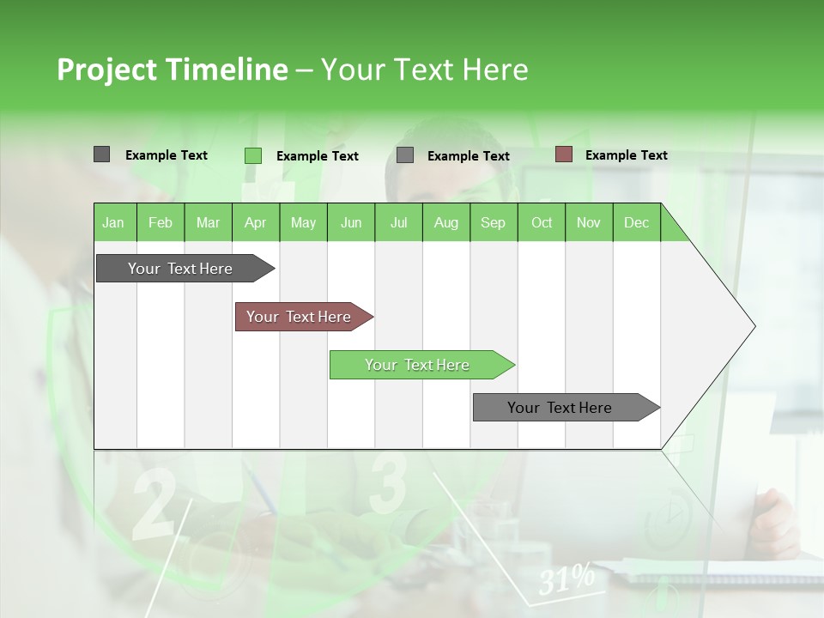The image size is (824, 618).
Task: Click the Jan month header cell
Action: point(114,222)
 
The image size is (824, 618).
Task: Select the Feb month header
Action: point(161,222)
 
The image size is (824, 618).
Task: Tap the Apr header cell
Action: point(255,222)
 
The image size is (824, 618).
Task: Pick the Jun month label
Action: point(351,222)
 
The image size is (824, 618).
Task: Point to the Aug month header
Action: point(445,222)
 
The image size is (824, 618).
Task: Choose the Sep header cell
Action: point(493,222)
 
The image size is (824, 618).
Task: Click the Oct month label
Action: point(542,222)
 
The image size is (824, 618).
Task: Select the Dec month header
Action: point(636,222)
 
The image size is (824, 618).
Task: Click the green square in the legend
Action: point(252,155)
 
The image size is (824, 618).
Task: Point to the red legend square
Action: point(563,154)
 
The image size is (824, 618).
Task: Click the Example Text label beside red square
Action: point(626,155)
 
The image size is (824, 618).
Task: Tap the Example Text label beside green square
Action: point(317,156)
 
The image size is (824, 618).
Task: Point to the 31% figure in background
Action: point(566,579)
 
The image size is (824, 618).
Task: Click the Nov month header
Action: point(588,222)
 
